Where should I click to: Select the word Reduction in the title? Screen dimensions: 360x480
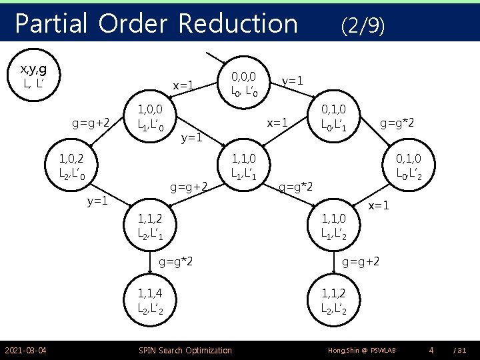click(x=237, y=25)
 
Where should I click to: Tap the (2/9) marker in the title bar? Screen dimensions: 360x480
click(x=362, y=26)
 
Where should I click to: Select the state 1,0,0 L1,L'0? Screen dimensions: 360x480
click(x=155, y=116)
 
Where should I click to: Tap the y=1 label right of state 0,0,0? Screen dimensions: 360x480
click(x=293, y=80)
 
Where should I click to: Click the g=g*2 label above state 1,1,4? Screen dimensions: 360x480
click(x=176, y=261)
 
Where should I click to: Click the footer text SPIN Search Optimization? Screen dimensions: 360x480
click(x=185, y=350)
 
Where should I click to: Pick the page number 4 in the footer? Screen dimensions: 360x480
click(x=431, y=349)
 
